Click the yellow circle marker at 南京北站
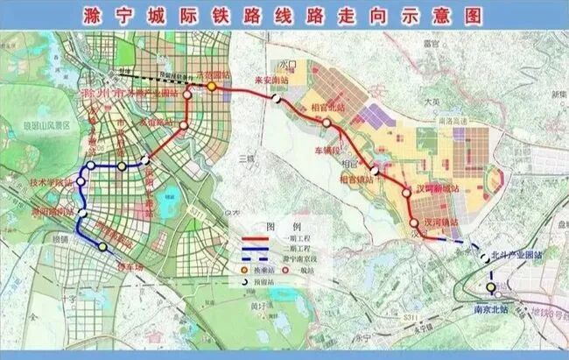tap(491, 286)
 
